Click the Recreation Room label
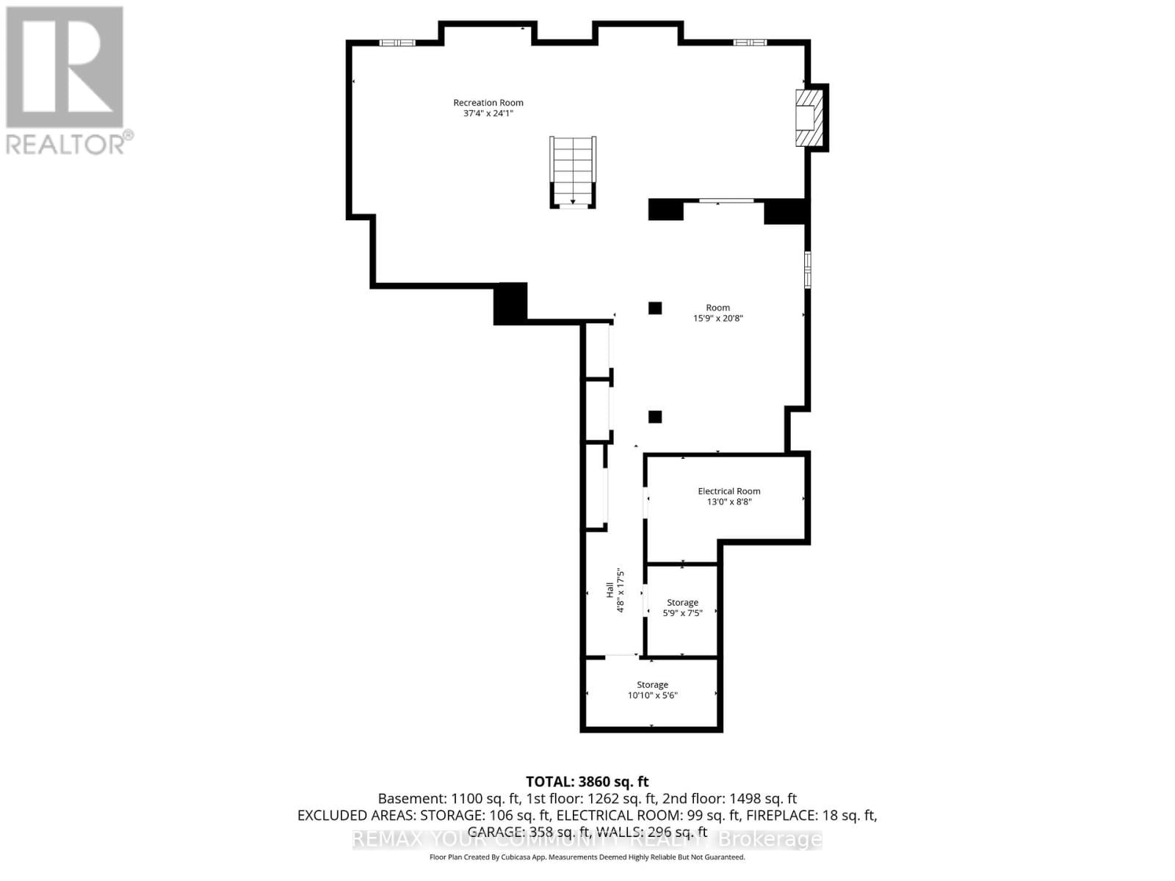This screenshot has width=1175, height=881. click(488, 103)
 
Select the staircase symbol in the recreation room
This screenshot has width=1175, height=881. click(573, 172)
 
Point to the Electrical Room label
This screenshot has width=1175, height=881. click(728, 491)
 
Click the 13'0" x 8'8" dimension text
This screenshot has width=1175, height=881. click(728, 502)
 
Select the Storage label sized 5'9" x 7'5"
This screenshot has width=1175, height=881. click(682, 602)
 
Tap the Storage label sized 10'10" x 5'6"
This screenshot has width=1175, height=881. click(652, 684)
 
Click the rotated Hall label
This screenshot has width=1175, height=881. click(610, 590)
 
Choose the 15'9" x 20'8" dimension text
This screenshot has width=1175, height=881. click(717, 319)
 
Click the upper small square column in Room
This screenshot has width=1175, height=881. click(655, 308)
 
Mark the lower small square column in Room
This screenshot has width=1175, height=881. click(655, 417)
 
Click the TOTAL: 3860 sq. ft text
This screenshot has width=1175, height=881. click(587, 782)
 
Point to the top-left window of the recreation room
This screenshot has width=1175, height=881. click(397, 43)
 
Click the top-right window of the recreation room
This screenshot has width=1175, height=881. click(750, 43)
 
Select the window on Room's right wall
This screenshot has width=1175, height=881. click(807, 269)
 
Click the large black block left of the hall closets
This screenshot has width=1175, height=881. click(510, 302)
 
